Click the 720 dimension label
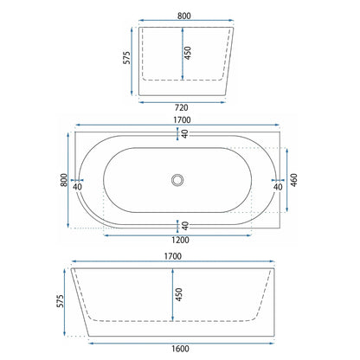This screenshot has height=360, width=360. tap(182, 107)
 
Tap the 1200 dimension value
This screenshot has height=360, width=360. tap(180, 240)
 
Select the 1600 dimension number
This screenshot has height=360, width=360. tap(180, 349)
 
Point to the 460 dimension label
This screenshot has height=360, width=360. tap(293, 180)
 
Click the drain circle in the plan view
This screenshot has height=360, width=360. tap(177, 180)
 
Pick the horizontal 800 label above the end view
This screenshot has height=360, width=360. tap(184, 16)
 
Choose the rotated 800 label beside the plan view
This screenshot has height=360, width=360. tap(64, 180)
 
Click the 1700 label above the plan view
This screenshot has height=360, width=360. tap(182, 119)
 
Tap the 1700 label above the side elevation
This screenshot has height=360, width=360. tap(173, 256)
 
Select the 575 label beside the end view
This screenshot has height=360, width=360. tap(126, 58)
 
